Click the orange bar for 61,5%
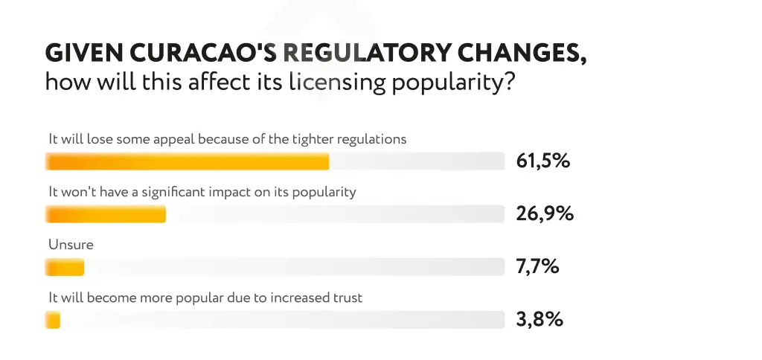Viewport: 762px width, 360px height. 187,161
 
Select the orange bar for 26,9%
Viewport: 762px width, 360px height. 106,214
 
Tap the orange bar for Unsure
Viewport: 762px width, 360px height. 65,267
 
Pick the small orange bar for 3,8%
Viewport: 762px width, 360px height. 52,320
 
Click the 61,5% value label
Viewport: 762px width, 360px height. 542,161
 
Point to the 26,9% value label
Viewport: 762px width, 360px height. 545,214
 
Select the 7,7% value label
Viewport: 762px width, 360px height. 537,267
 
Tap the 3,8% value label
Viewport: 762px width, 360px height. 539,320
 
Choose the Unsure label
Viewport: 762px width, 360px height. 71,244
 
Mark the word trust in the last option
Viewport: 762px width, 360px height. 346,298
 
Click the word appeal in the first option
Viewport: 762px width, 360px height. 175,139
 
